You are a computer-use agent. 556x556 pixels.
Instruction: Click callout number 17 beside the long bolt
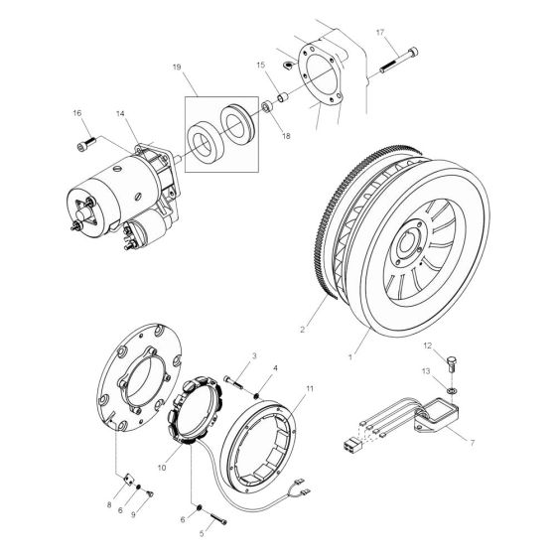pyautogui.click(x=379, y=33)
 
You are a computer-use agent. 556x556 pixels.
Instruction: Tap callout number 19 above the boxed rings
pyautogui.click(x=176, y=69)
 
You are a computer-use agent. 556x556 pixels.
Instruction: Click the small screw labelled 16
pyautogui.click(x=81, y=147)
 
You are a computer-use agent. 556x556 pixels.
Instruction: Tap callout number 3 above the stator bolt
pyautogui.click(x=226, y=355)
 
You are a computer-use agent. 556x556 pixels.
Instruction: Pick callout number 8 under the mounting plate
pyautogui.click(x=110, y=505)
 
